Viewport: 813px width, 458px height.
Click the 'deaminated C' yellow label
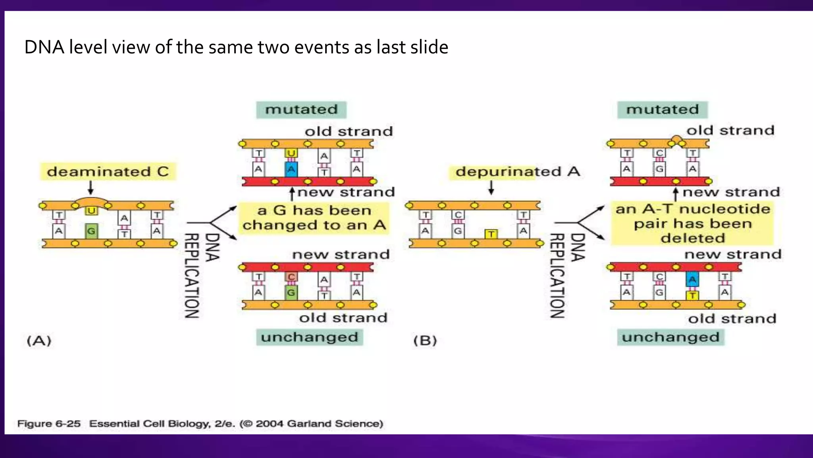[x=108, y=171]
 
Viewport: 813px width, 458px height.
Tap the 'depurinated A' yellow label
[x=517, y=171]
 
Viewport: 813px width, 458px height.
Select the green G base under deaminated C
[x=91, y=231]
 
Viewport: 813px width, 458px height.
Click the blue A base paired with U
[x=291, y=169]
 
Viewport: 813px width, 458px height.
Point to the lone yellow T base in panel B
[x=491, y=234]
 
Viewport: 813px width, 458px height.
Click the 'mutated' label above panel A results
[x=301, y=109]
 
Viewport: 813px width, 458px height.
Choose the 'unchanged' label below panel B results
[x=670, y=337]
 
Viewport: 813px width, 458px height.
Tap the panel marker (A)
[x=39, y=341]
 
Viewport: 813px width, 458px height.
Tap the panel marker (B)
[x=425, y=341]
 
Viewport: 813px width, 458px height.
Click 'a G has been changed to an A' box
[x=314, y=218]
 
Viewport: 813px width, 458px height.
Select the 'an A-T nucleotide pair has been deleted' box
[x=692, y=223]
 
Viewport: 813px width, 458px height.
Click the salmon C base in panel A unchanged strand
[x=291, y=277]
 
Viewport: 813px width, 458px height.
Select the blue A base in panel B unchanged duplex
[x=692, y=279]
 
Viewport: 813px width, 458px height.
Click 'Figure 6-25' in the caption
[x=49, y=423]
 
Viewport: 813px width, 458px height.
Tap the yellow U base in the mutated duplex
[x=291, y=153]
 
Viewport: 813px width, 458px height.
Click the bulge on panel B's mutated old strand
[x=677, y=140]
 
